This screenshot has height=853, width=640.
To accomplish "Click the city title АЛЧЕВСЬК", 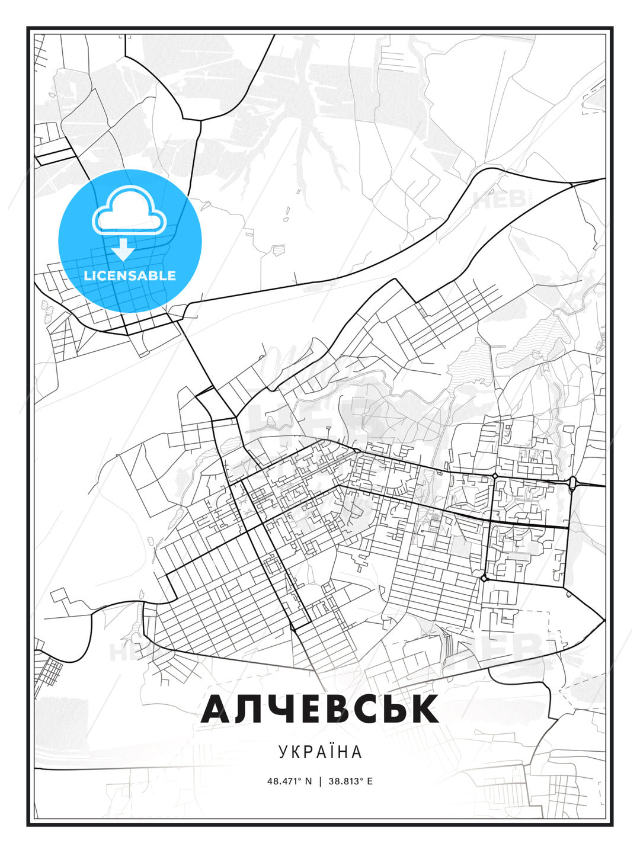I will tap(320, 709).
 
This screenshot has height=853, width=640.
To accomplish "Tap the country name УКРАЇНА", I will tap(320, 752).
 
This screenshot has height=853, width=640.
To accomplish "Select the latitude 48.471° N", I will tap(289, 781).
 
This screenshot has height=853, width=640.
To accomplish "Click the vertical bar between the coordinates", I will tap(320, 781).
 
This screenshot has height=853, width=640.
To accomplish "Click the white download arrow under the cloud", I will tap(123, 250).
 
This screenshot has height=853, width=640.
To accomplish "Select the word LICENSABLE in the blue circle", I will tap(130, 275).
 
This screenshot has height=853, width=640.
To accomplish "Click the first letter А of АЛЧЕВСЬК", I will tap(220, 709).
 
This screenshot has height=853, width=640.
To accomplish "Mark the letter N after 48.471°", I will tap(308, 781).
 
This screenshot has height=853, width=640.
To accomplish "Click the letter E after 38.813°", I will tap(370, 781).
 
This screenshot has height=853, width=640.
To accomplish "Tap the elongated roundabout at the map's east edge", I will tap(572, 483).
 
